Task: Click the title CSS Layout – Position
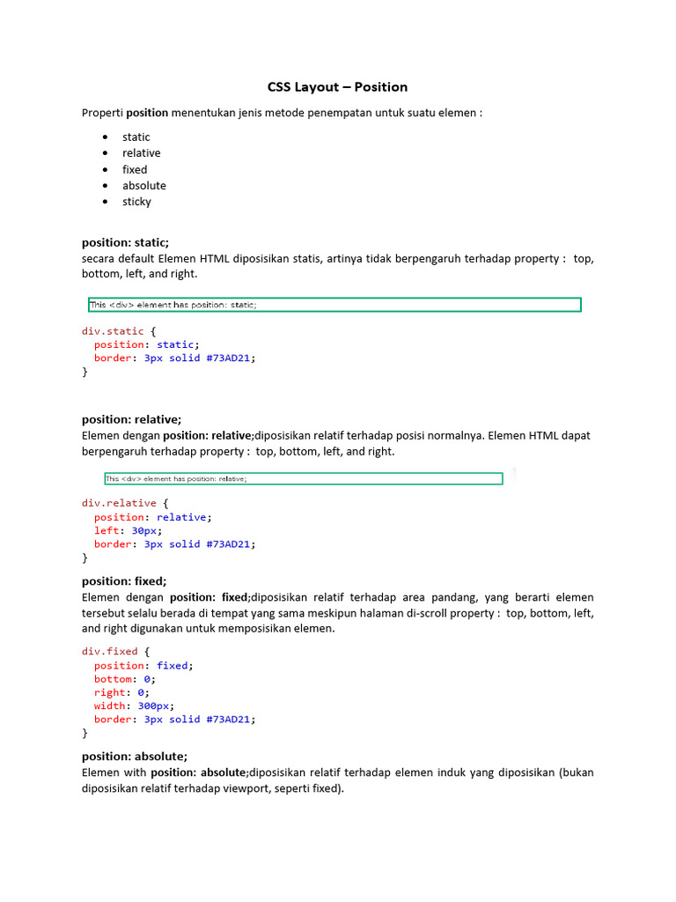pos(337,86)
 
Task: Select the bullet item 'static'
pos(136,137)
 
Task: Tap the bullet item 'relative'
pos(141,152)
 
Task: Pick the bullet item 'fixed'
pos(135,169)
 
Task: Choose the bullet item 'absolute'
pos(143,185)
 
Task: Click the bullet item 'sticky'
pos(136,202)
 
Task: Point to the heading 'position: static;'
pos(125,241)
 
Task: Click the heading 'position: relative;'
pos(131,419)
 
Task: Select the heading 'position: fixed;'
pos(124,580)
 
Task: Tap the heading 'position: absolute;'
pos(135,756)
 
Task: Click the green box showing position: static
pos(334,305)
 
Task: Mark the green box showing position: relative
pos(304,479)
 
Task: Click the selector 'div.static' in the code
pos(113,331)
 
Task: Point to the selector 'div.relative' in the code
pos(119,503)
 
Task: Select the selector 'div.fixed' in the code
pos(110,652)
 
